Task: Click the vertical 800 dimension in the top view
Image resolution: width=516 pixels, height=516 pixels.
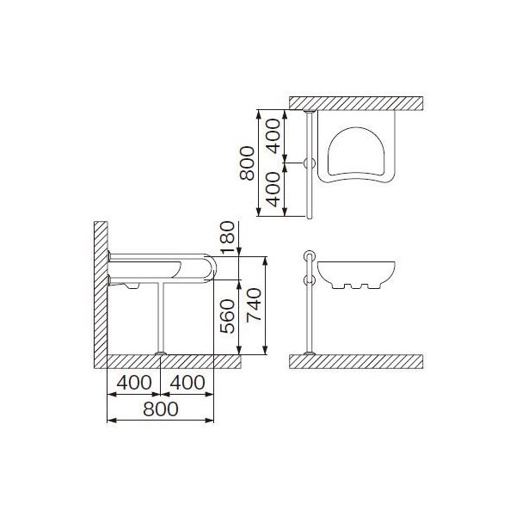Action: pos(247,163)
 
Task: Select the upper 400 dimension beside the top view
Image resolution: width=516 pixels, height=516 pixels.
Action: pos(273,136)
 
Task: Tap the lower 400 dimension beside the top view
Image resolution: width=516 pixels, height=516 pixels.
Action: pos(273,189)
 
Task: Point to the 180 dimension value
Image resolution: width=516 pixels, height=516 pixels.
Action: pos(228,237)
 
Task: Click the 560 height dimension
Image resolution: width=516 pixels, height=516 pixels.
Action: pos(228,316)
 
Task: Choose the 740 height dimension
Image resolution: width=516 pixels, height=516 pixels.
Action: pos(254,305)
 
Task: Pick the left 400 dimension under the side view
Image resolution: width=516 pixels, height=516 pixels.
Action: pos(134,383)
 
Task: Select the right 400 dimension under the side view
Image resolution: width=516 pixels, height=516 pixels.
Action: pos(187,383)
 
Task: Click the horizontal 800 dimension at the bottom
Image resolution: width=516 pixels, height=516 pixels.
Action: pos(161,409)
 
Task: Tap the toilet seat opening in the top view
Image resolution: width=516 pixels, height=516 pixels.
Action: pos(356,151)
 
